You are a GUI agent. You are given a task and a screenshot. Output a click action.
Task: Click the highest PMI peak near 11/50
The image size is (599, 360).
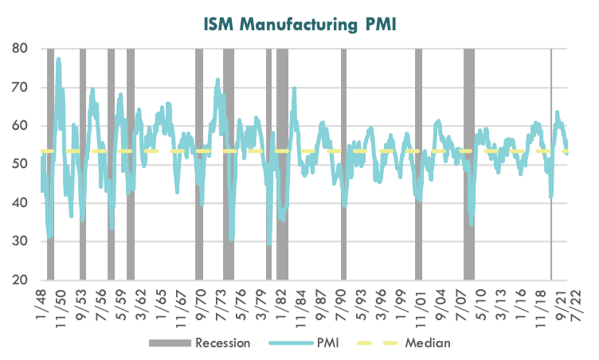[58, 59]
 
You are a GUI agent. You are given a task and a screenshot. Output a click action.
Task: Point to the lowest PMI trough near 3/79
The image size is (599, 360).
[269, 245]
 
